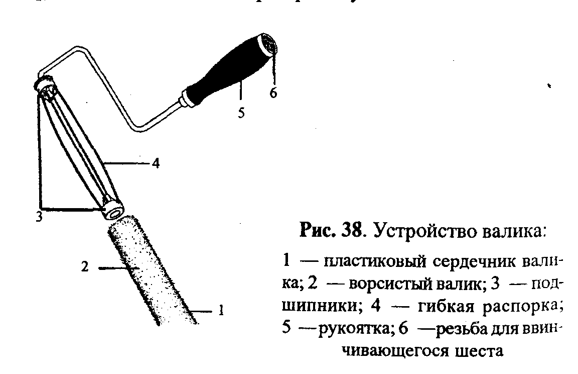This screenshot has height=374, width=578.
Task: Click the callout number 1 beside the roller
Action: pyautogui.click(x=219, y=311)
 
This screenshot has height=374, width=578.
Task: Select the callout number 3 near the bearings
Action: pyautogui.click(x=39, y=217)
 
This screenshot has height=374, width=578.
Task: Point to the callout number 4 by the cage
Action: pyautogui.click(x=156, y=163)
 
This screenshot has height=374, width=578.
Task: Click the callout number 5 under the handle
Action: pyautogui.click(x=241, y=113)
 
